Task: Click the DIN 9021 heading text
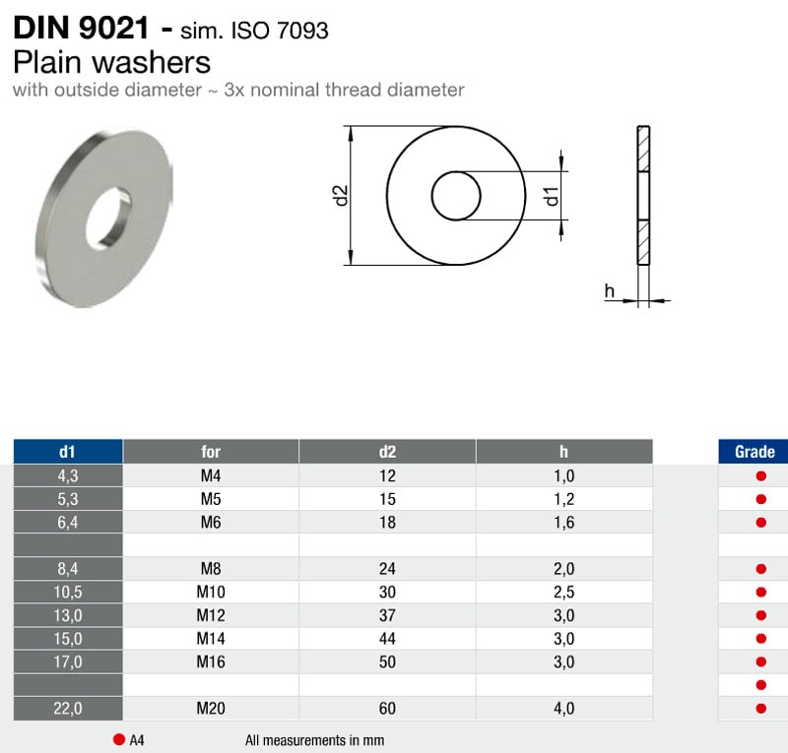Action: pos(81,28)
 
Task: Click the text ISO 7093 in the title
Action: pos(280,31)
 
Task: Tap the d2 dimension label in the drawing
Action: pos(340,196)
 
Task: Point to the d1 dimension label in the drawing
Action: pos(552,196)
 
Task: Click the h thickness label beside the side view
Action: pos(609,290)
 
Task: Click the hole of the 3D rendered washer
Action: pos(108,220)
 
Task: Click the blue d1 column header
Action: pos(68,451)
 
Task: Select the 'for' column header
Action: pos(211,451)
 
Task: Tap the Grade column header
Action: pos(755,451)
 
